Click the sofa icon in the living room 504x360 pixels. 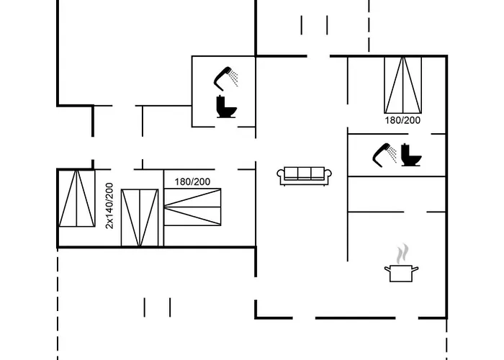304,175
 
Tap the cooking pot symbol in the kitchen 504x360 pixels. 402,273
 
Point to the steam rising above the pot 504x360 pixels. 402,253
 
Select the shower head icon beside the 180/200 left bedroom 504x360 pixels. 228,76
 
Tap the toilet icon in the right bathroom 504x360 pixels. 412,155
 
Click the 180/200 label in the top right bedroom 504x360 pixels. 402,120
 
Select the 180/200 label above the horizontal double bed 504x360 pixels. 192,181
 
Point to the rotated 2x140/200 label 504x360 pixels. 109,206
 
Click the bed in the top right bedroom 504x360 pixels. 402,84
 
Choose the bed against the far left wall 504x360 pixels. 77,199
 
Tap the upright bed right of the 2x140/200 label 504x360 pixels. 140,217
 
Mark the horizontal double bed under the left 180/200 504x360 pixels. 192,207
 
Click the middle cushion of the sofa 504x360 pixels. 304,174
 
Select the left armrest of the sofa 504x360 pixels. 281,175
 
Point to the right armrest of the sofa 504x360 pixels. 328,175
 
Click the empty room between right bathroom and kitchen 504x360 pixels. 397,194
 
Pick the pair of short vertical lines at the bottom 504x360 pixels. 157,307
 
